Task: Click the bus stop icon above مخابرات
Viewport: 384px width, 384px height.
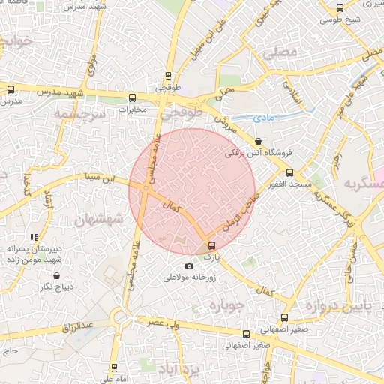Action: tap(133, 97)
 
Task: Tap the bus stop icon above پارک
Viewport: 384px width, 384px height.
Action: tap(211, 245)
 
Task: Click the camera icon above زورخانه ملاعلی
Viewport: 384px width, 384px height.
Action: tap(189, 265)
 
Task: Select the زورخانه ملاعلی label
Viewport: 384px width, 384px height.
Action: tap(190, 277)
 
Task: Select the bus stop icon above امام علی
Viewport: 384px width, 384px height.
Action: tap(114, 367)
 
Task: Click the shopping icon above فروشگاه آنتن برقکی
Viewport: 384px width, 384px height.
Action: tap(259, 141)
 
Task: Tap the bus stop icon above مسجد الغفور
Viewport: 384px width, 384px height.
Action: tap(289, 172)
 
